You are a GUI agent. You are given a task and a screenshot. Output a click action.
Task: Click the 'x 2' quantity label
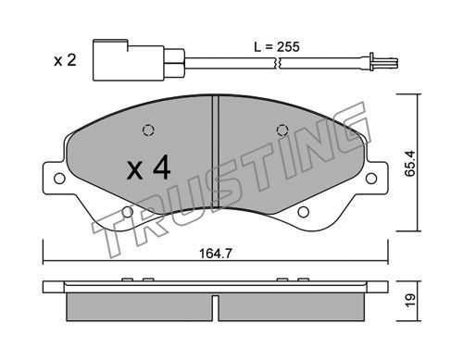(65, 60)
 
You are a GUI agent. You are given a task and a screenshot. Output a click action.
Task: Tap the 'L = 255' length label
(277, 47)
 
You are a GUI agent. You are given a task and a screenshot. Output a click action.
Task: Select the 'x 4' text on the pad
(148, 168)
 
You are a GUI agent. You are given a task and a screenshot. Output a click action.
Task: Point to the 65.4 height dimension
(410, 164)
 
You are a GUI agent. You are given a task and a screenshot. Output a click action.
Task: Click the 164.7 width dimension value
(216, 254)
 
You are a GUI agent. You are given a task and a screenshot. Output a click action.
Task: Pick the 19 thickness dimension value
(410, 301)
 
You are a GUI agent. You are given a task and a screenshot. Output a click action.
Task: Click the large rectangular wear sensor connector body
(129, 60)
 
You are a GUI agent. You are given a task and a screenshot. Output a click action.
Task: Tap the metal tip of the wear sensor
(383, 63)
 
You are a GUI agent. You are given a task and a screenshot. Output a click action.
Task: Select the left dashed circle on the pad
(148, 130)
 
